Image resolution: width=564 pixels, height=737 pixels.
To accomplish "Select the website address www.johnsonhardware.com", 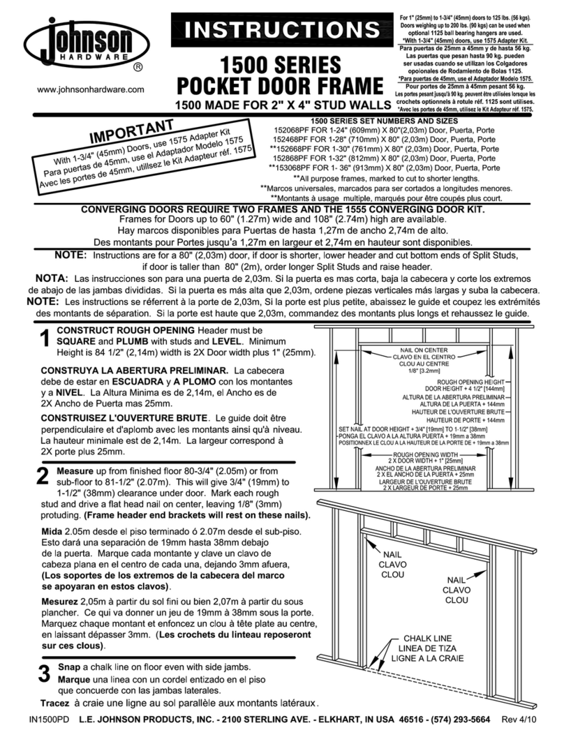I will coord(90,89).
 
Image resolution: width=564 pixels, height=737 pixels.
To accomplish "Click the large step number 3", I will coord(43,674).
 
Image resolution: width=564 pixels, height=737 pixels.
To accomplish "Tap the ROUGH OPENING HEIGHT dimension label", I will coord(470,383).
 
